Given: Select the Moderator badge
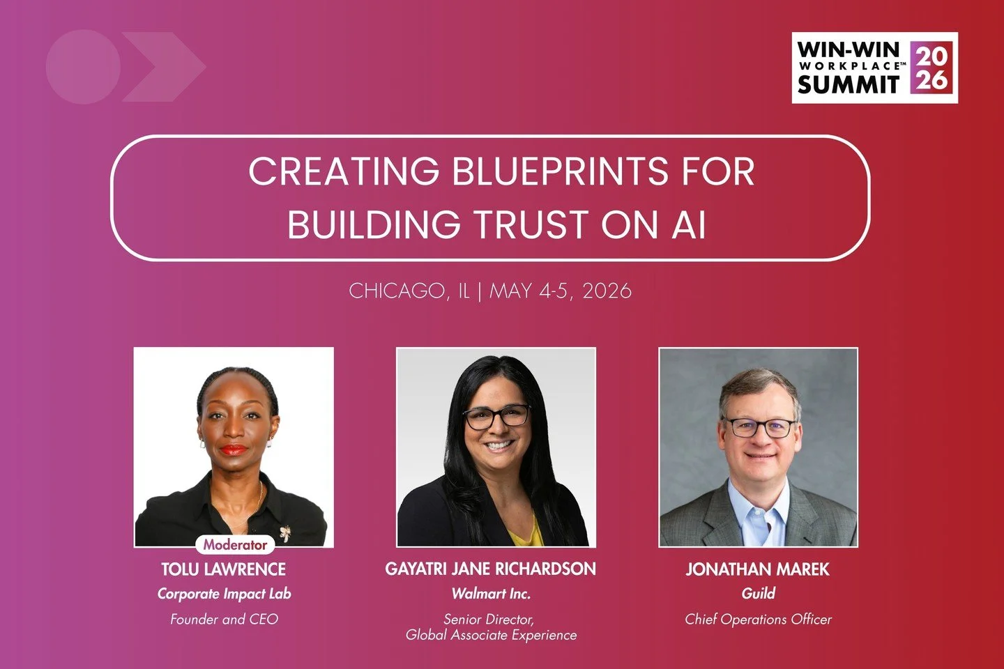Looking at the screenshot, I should click(x=235, y=545).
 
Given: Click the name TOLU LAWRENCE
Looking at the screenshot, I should click(x=223, y=569).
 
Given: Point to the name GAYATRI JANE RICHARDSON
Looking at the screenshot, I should click(x=490, y=569).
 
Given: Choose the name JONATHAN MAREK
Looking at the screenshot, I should click(x=757, y=569).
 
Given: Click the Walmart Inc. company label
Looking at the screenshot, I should click(x=491, y=594).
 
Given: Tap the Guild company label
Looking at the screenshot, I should click(x=758, y=594).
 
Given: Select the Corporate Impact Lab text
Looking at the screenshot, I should click(x=224, y=594).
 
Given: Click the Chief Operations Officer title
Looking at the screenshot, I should click(x=758, y=619).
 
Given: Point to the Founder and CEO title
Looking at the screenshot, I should click(x=224, y=619).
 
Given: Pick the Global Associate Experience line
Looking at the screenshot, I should click(x=491, y=635).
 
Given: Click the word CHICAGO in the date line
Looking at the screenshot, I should click(x=395, y=291).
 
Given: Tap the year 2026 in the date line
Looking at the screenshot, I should click(x=607, y=291).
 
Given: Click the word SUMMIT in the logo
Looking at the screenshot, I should click(x=849, y=85).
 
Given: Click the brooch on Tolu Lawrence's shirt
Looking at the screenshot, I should click(x=284, y=533).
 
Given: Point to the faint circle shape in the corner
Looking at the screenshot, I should click(x=83, y=67).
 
